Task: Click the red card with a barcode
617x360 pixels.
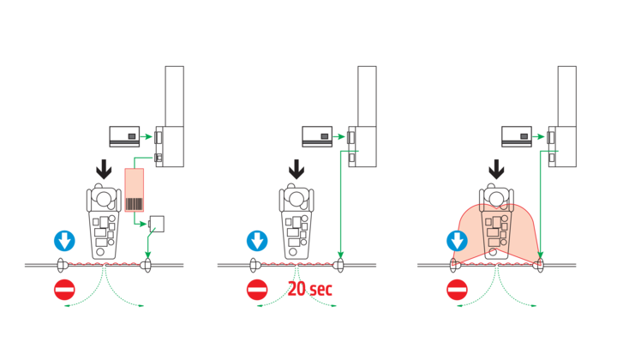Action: pyautogui.click(x=135, y=190)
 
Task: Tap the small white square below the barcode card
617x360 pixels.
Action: pyautogui.click(x=156, y=224)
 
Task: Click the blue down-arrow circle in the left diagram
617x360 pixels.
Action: pyautogui.click(x=64, y=241)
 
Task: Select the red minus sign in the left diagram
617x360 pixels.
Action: pyautogui.click(x=64, y=290)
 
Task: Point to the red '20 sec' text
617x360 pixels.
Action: pyautogui.click(x=309, y=289)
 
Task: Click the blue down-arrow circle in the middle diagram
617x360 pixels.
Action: pyautogui.click(x=256, y=241)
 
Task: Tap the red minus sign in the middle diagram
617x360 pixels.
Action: pyautogui.click(x=256, y=290)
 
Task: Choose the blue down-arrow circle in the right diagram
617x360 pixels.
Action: pyautogui.click(x=457, y=241)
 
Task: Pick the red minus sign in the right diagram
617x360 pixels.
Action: pyautogui.click(x=457, y=290)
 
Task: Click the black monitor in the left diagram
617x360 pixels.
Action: pyautogui.click(x=124, y=135)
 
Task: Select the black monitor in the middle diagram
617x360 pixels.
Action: pyautogui.click(x=316, y=135)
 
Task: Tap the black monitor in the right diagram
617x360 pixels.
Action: pyautogui.click(x=516, y=135)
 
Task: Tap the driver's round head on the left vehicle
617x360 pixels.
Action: pyautogui.click(x=104, y=197)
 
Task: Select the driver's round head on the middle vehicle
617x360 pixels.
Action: pyautogui.click(x=297, y=197)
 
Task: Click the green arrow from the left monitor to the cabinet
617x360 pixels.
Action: pyautogui.click(x=148, y=135)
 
